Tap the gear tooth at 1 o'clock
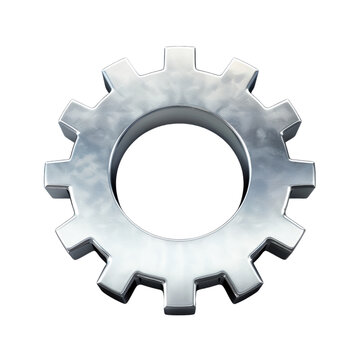238,75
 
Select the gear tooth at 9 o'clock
60,178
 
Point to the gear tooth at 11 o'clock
119,74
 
